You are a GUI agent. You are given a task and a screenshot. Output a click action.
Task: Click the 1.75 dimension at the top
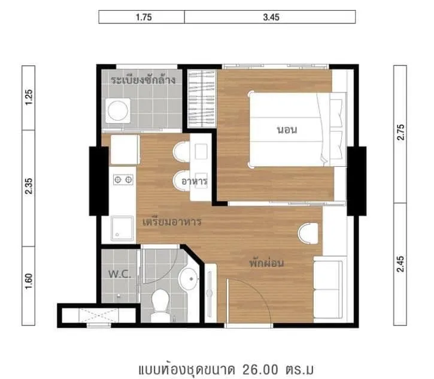[x=144, y=17]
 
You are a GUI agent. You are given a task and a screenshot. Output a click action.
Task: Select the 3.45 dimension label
[x=271, y=17]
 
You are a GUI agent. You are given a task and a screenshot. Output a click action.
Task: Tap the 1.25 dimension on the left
[x=29, y=97]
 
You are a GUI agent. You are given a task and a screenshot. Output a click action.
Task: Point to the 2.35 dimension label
[x=29, y=186]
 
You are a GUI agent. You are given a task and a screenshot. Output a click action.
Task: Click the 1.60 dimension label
[x=29, y=281]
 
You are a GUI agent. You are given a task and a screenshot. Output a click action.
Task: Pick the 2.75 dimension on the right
[x=400, y=133]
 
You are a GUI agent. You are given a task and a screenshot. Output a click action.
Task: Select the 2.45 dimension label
[x=400, y=264]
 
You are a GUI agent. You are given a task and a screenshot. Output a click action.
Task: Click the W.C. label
[x=120, y=274]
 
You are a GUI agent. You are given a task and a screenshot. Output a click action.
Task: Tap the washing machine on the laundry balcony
[x=118, y=111]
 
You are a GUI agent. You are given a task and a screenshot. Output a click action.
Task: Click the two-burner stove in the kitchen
[x=123, y=180]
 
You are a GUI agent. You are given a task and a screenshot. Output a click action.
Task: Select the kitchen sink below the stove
[x=122, y=228]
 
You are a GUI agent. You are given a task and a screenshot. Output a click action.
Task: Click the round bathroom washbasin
[x=189, y=279]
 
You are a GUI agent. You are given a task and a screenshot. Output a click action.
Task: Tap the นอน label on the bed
[x=287, y=130]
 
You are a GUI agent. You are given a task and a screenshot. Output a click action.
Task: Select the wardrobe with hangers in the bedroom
[x=202, y=98]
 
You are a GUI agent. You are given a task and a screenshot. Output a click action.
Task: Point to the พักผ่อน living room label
[x=266, y=263]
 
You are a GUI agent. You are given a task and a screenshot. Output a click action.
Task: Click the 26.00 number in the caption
[x=260, y=369]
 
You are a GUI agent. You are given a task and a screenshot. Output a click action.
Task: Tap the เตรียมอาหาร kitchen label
[x=172, y=222]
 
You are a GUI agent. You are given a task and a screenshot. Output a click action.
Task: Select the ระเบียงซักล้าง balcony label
[x=143, y=80]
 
